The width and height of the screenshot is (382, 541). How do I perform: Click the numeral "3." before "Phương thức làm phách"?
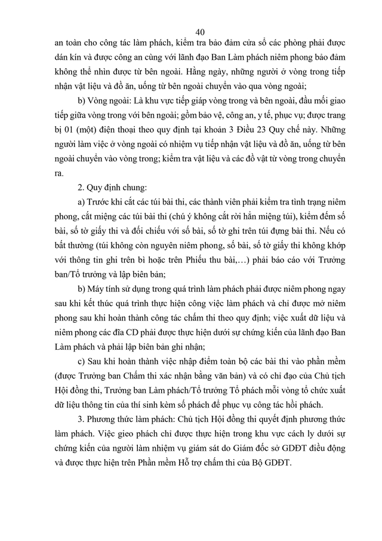pos(75,429)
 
